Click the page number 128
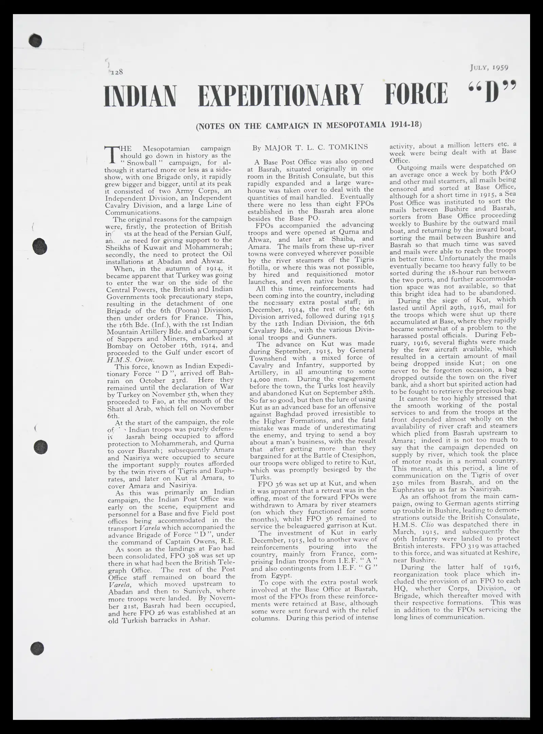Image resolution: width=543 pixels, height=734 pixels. click(116, 72)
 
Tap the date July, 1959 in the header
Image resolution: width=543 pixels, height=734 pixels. click(489, 67)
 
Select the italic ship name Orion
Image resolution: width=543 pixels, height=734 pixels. click(145, 360)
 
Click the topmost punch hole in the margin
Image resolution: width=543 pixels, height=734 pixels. click(36, 41)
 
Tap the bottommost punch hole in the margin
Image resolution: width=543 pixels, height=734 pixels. click(37, 648)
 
